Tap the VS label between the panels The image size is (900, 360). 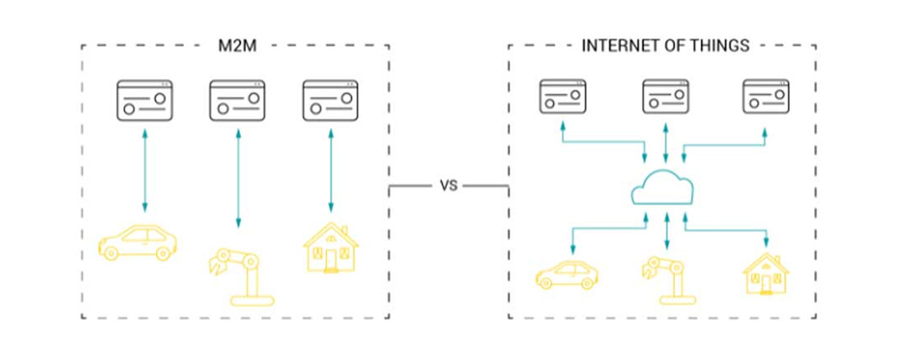click(x=448, y=186)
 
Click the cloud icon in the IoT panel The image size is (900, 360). click(x=664, y=190)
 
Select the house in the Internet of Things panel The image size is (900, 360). click(x=765, y=274)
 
